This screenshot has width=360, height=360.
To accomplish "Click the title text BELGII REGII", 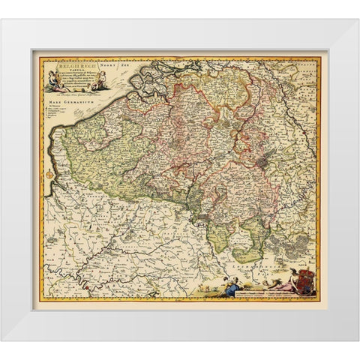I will click(76, 64).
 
